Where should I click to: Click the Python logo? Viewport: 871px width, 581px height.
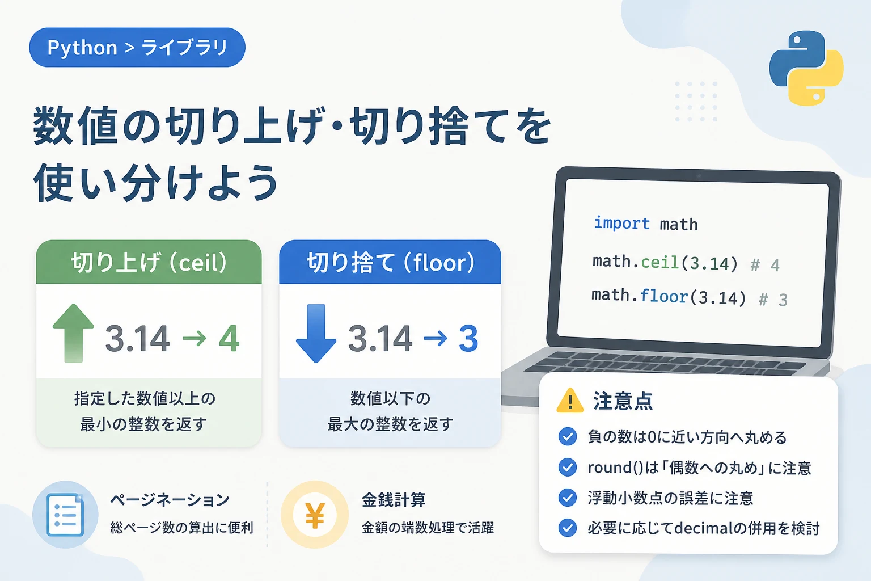[x=806, y=68]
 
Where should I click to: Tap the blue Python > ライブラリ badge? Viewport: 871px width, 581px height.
[x=137, y=48]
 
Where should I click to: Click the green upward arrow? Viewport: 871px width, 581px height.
[x=73, y=333]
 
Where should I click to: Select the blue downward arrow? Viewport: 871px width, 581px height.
[x=316, y=334]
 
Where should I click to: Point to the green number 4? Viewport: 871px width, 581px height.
[x=229, y=338]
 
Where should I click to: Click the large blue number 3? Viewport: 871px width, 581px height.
[x=468, y=339]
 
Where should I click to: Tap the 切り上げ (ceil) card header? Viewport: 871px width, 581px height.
[x=149, y=262]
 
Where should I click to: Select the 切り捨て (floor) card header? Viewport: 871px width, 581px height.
[x=390, y=262]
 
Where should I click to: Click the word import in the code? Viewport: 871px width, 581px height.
[x=621, y=224]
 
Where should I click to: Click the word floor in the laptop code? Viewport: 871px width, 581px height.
[x=664, y=296]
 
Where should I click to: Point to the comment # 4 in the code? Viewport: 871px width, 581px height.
[x=765, y=266]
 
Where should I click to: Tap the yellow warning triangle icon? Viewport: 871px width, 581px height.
[x=570, y=401]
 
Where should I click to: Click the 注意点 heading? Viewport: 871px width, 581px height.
[x=623, y=401]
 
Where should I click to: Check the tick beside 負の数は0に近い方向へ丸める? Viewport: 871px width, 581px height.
[x=567, y=437]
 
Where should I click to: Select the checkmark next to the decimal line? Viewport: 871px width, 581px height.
[x=567, y=528]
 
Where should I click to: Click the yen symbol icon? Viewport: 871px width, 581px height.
[x=315, y=515]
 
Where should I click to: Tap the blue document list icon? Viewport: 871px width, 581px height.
[x=65, y=515]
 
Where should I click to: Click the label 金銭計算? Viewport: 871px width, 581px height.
[x=394, y=500]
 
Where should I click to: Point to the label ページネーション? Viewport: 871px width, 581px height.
[x=170, y=500]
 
